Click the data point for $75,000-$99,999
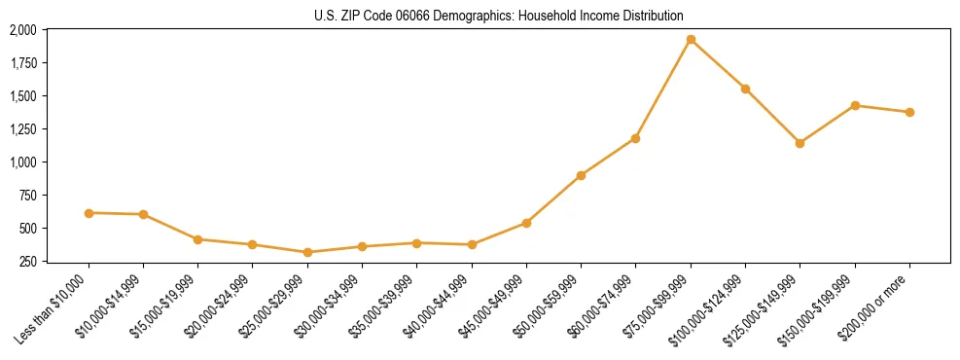click(691, 40)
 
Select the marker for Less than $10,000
click(89, 212)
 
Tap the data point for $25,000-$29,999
click(307, 252)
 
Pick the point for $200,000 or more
click(909, 112)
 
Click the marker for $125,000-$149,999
click(800, 143)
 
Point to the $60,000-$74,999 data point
click(635, 138)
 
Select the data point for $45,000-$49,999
click(526, 223)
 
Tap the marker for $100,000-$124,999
click(745, 89)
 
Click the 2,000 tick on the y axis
click(22, 30)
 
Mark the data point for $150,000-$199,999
click(855, 105)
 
